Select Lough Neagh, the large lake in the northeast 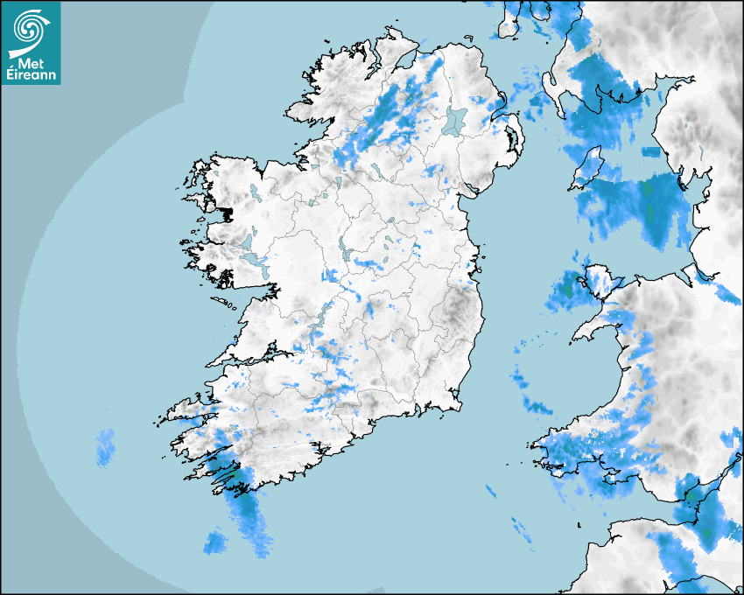[454, 120]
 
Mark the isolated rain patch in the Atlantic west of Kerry [105, 445]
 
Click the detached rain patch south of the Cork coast [214, 542]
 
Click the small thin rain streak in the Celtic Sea [522, 529]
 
